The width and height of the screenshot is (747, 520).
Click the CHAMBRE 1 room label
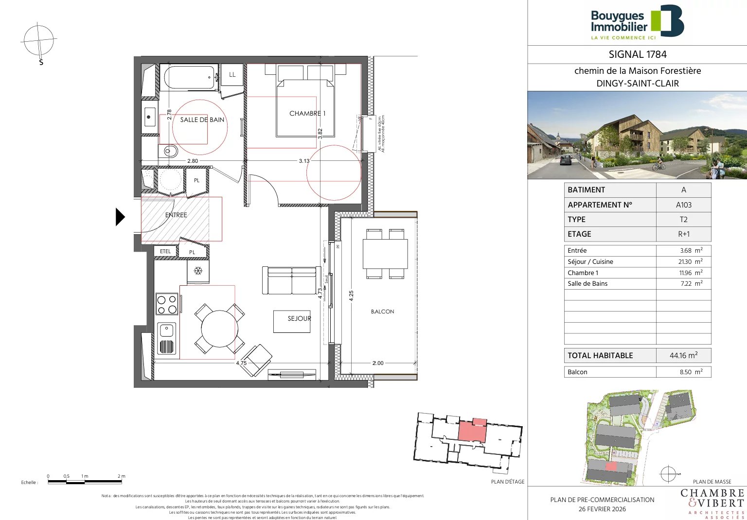(307, 113)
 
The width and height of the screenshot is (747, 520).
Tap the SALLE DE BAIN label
(202, 120)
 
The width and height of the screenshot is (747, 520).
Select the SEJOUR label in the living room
(299, 318)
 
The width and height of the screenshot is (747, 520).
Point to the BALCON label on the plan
(382, 312)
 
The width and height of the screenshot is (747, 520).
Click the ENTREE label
(176, 215)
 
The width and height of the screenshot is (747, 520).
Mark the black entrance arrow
(120, 217)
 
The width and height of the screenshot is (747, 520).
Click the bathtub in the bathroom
(190, 78)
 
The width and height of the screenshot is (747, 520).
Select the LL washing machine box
(232, 74)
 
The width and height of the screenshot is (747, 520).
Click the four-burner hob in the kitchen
(167, 304)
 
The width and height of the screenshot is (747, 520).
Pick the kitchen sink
(166, 338)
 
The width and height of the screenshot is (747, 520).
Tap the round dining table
(219, 329)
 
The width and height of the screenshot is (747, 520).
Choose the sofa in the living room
(291, 280)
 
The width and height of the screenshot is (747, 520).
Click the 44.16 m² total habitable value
(683, 355)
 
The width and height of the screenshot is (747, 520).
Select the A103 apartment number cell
(683, 205)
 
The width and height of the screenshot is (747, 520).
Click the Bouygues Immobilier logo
(637, 22)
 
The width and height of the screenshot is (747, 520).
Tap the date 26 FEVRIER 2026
(602, 509)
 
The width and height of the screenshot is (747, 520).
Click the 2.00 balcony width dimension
(378, 363)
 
